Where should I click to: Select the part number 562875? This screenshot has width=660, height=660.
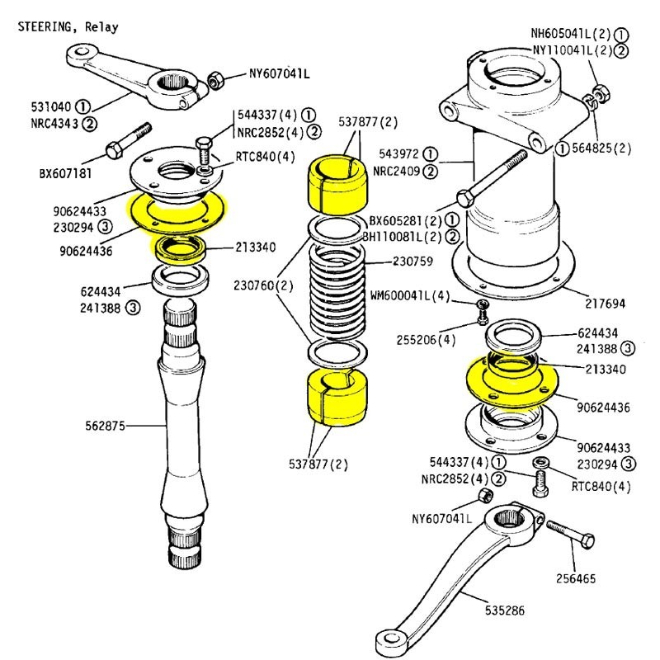click(106, 426)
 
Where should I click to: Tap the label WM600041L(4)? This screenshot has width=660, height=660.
click(410, 295)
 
